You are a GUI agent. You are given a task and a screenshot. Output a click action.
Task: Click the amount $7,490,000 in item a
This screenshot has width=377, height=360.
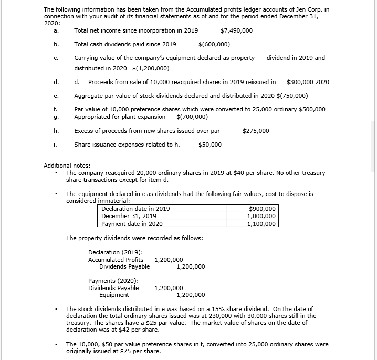pyautogui.click(x=236, y=30)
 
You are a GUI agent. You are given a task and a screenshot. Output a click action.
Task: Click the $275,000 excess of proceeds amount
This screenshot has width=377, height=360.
pyautogui.click(x=256, y=131)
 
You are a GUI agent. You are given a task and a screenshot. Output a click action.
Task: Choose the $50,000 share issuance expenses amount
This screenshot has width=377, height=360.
pyautogui.click(x=210, y=145)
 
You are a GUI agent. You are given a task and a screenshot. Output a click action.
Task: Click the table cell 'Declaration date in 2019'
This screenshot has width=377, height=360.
pyautogui.click(x=135, y=209)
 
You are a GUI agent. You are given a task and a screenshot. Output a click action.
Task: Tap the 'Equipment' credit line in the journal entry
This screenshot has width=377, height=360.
pyautogui.click(x=114, y=295)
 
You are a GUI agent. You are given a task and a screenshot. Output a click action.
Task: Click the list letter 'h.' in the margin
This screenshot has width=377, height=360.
pyautogui.click(x=56, y=131)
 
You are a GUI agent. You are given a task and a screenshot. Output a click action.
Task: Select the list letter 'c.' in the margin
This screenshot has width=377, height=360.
pyautogui.click(x=56, y=58)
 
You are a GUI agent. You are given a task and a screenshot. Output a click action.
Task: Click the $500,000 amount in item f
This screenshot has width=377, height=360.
pyautogui.click(x=312, y=109)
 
